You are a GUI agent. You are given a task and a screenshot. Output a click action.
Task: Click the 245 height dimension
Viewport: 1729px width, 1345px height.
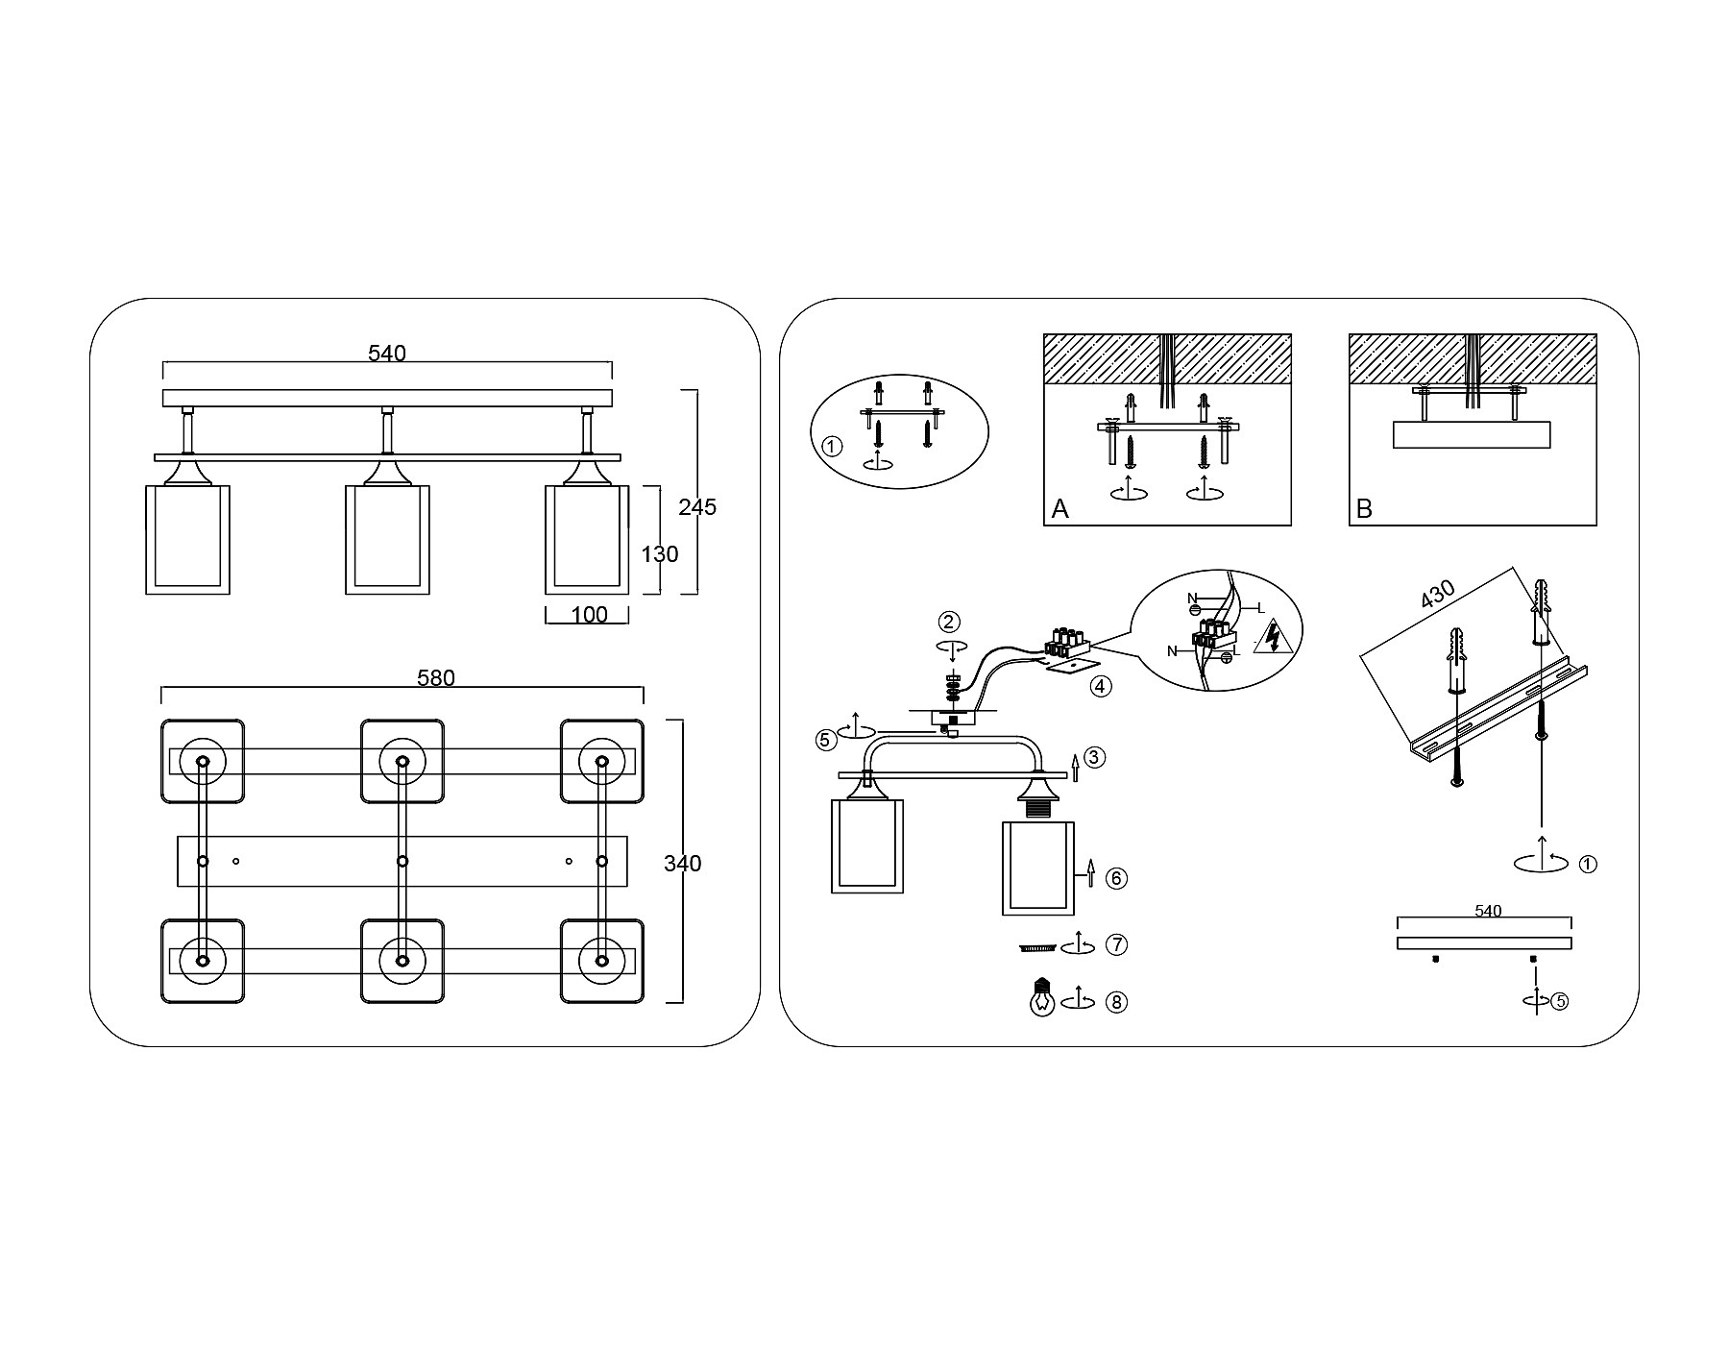[x=697, y=507]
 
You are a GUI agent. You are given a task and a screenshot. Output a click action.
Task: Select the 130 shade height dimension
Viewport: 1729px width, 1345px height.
[x=660, y=554]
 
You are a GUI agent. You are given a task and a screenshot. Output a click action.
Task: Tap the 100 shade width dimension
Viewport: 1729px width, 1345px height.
[x=589, y=615]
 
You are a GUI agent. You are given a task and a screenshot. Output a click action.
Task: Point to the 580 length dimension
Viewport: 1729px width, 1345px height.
[x=435, y=678]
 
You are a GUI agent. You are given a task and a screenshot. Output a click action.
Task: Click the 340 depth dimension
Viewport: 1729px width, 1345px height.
[x=682, y=864]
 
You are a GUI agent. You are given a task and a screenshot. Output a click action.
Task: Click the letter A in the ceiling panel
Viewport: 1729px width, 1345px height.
[x=1059, y=509]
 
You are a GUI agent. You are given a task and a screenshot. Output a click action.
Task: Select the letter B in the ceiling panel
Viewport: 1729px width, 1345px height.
[x=1364, y=509]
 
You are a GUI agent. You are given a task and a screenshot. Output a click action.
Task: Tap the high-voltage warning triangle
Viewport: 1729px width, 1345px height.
[x=1273, y=637]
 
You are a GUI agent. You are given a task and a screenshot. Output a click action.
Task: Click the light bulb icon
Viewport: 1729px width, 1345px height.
[x=1041, y=998]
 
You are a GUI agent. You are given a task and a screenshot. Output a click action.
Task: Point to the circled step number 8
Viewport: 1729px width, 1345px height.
[x=1115, y=1002]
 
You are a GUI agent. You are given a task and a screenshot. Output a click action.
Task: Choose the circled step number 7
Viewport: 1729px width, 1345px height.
[x=1115, y=945]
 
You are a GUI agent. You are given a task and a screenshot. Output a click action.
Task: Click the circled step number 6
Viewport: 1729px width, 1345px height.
[x=1115, y=878]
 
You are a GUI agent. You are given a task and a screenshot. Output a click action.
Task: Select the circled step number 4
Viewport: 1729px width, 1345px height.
[x=1101, y=687]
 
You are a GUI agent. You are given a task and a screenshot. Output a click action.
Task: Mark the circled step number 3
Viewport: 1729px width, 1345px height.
[x=1096, y=757]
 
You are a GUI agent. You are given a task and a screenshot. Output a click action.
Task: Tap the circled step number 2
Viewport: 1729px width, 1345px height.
[x=949, y=622]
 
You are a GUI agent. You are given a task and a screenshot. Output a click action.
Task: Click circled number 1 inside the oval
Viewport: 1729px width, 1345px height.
[x=833, y=447]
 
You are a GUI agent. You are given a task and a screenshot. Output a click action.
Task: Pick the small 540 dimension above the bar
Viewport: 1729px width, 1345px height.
[x=1487, y=912]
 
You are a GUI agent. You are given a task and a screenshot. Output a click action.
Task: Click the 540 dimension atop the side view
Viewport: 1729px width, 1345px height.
[x=387, y=354]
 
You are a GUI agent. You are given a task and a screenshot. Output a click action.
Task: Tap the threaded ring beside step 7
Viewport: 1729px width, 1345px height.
[x=1036, y=948]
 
